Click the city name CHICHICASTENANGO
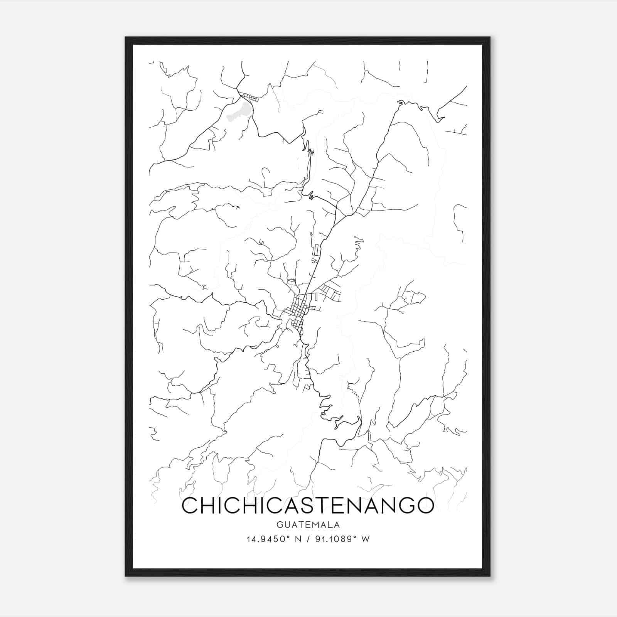[308, 506]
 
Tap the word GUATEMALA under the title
[308, 525]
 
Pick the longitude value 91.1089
[330, 539]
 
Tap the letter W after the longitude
[366, 539]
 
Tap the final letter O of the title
[425, 506]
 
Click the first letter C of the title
[190, 506]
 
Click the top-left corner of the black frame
[126, 37]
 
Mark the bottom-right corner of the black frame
[490, 576]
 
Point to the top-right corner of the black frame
[490, 37]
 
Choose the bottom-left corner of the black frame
[126, 576]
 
